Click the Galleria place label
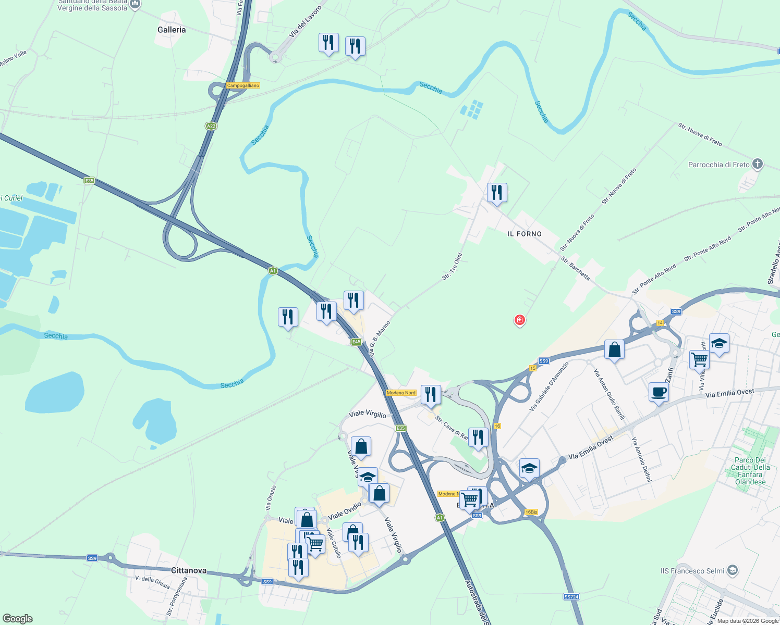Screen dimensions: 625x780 coord(172,30)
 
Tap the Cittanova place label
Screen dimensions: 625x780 coord(189,570)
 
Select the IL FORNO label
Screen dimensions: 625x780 coord(525,234)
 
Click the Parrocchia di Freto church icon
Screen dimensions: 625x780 coord(757,165)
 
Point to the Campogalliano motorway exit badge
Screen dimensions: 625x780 coord(243,85)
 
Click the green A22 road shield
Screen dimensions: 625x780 coord(211,126)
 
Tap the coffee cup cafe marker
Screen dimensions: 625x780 coord(659,392)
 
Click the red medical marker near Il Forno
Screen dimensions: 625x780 coord(519,320)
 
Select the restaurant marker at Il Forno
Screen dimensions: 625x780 coord(497,193)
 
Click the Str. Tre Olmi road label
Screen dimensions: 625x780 coord(452,267)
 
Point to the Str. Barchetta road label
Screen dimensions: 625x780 coord(576,268)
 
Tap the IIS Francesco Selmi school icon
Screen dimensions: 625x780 coord(733,570)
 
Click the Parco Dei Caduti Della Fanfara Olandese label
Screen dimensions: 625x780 coord(750,471)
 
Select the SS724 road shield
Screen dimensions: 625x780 coord(571,596)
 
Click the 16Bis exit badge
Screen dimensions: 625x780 coord(531,512)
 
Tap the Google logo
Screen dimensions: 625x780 coord(18,619)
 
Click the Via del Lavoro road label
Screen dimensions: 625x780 coord(306,21)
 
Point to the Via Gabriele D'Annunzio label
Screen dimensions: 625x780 coord(549,386)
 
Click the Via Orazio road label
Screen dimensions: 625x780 coord(271,497)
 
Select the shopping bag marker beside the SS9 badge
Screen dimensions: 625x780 coord(615,350)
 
